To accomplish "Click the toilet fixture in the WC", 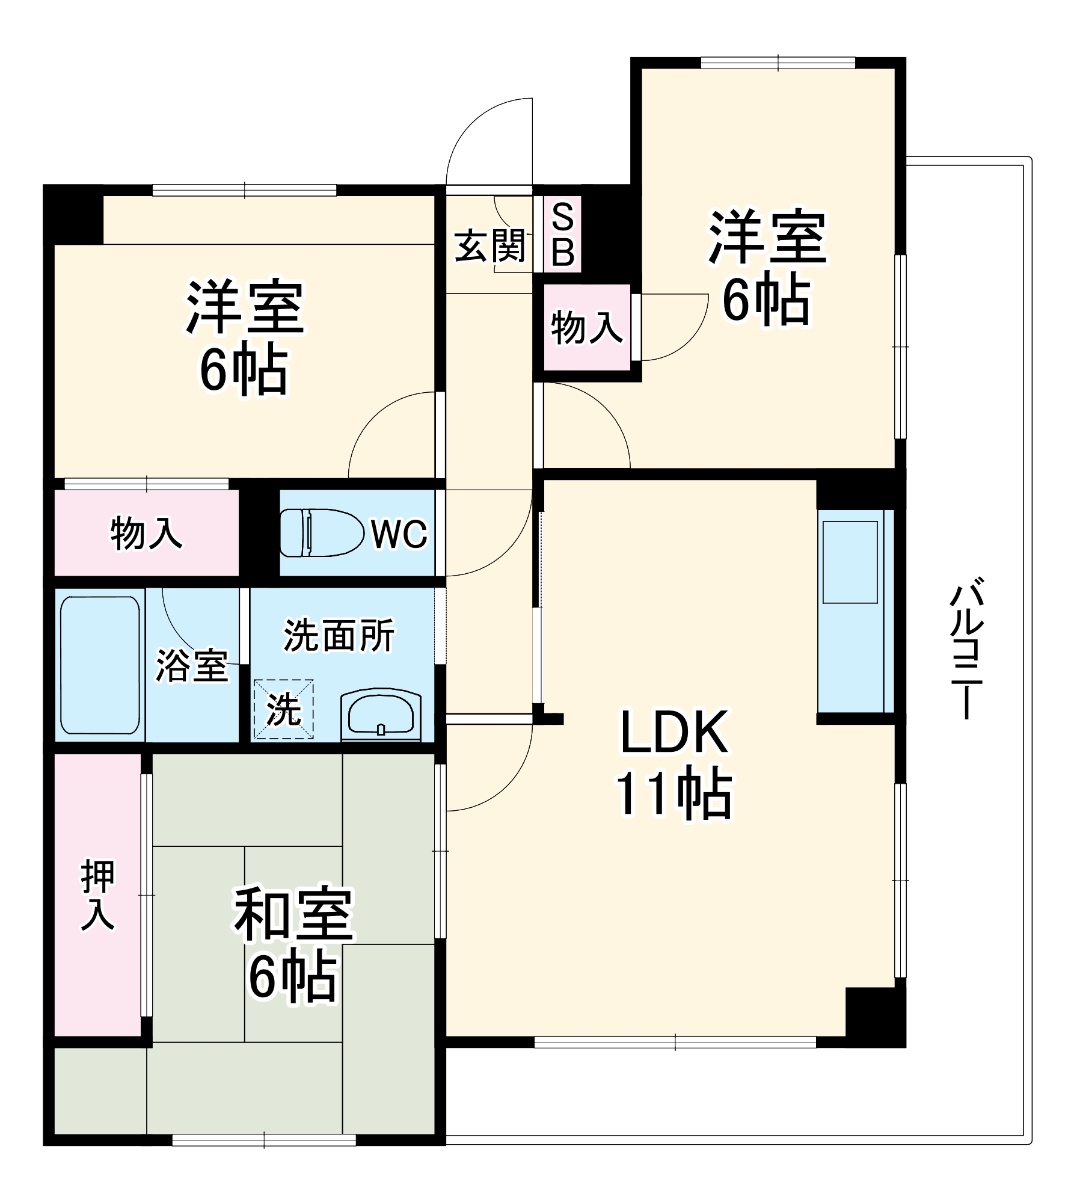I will click(322, 532).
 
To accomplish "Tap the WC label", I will click(399, 534).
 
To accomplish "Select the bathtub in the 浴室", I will click(100, 665).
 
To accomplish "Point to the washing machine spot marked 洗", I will click(283, 709).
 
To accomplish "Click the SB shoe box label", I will click(562, 235).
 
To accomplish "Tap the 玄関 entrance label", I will click(489, 246).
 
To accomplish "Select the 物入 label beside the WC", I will click(146, 533).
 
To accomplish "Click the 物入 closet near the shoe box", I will click(586, 328).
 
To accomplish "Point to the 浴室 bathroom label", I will click(192, 665).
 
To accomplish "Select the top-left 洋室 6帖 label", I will click(244, 337).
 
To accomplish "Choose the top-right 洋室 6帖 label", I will click(767, 266).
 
